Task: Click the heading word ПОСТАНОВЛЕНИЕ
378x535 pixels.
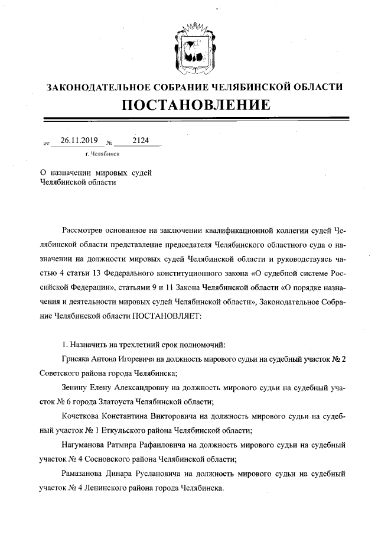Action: click(x=196, y=105)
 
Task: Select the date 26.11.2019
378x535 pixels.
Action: click(x=74, y=141)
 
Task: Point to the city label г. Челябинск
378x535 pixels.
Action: click(x=103, y=153)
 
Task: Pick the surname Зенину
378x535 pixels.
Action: click(x=76, y=388)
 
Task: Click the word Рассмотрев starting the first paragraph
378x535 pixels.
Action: click(x=85, y=231)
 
